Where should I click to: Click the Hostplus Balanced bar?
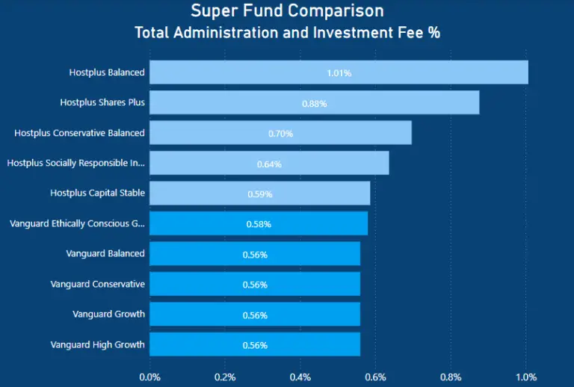click(339, 72)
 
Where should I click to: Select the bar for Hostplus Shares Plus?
click(314, 103)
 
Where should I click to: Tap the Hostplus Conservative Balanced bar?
click(280, 133)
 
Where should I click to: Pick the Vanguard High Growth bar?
click(255, 344)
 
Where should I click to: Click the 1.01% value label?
click(339, 73)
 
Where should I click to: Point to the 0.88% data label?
click(314, 104)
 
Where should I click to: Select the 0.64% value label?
click(269, 164)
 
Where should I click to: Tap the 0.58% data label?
click(259, 224)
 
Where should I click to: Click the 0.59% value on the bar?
click(260, 194)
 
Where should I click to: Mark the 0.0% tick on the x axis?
click(150, 377)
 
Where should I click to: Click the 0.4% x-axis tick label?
click(300, 377)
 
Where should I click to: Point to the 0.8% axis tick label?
click(451, 377)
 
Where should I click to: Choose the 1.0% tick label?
click(526, 377)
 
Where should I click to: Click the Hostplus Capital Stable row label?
click(97, 193)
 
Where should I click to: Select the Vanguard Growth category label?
click(108, 314)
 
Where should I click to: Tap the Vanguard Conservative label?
click(97, 284)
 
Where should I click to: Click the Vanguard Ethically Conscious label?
click(77, 223)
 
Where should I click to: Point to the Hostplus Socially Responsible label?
click(75, 163)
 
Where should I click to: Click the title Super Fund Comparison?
click(287, 11)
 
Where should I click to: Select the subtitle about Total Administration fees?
click(287, 34)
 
